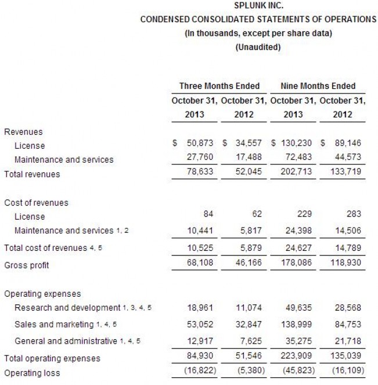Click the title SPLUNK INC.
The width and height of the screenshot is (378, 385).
pyautogui.click(x=258, y=6)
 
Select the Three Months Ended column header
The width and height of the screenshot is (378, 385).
pyautogui.click(x=219, y=86)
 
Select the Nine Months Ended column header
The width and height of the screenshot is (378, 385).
pyautogui.click(x=318, y=86)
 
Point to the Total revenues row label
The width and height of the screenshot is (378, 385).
pyautogui.click(x=32, y=174)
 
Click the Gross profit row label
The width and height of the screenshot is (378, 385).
pyautogui.click(x=27, y=265)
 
